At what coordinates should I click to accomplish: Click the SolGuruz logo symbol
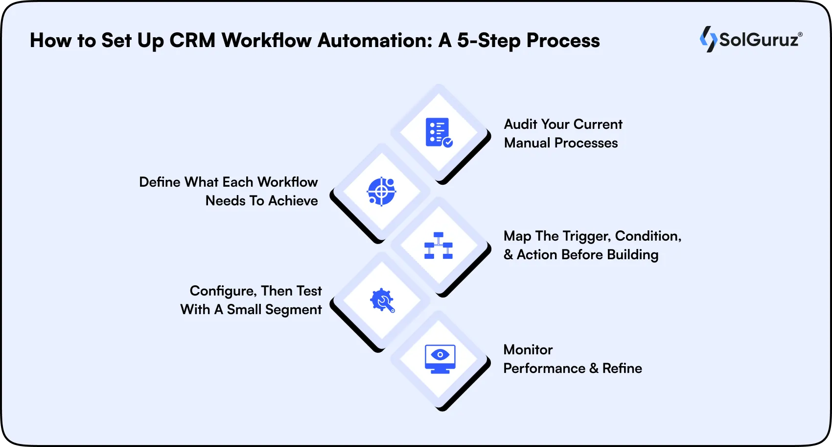click(708, 39)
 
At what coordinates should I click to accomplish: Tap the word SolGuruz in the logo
click(759, 40)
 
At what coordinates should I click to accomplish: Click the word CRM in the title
click(192, 40)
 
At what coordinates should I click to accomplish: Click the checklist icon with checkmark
click(439, 132)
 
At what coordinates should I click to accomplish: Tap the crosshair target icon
click(381, 191)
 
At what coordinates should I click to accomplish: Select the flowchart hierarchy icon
click(439, 246)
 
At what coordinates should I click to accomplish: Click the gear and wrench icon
click(382, 300)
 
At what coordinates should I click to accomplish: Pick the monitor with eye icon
click(440, 359)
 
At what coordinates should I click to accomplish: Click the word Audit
click(521, 124)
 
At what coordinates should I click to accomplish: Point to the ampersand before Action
click(508, 255)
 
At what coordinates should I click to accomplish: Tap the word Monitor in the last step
click(528, 349)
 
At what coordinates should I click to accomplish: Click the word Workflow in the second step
click(287, 182)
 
